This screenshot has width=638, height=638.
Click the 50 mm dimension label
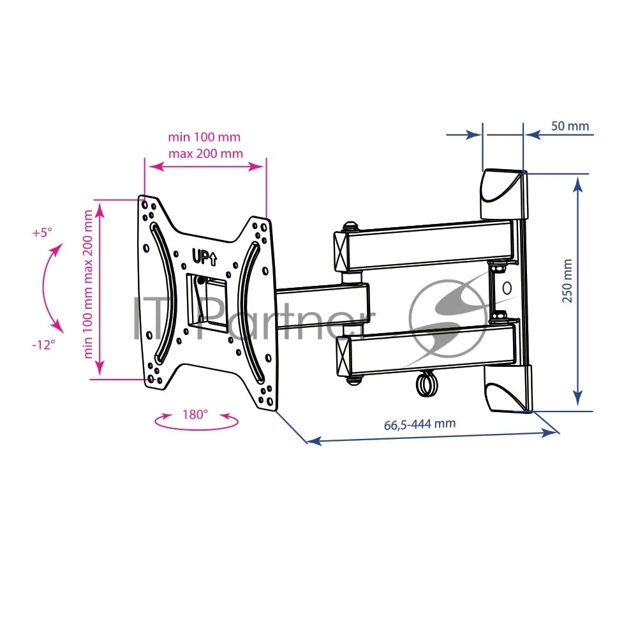(x=570, y=126)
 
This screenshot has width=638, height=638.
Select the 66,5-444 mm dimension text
(x=420, y=424)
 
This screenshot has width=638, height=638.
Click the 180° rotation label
(x=195, y=415)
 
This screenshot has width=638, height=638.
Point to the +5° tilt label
(x=42, y=233)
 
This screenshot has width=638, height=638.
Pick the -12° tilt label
(x=43, y=345)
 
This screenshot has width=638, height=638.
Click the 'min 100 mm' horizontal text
(x=204, y=137)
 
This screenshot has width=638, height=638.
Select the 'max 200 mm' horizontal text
(x=205, y=154)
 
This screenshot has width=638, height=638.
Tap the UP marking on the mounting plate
(x=204, y=256)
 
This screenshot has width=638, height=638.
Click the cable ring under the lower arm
(x=426, y=384)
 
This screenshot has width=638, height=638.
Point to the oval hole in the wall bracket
(x=507, y=288)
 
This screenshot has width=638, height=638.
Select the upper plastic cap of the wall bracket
(x=504, y=195)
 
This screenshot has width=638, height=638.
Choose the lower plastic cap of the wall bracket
(x=508, y=388)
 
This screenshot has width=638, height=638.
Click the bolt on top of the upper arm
(x=350, y=226)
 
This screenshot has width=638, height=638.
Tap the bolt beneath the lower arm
(x=354, y=380)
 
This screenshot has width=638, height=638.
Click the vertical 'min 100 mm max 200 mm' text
(x=88, y=284)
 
